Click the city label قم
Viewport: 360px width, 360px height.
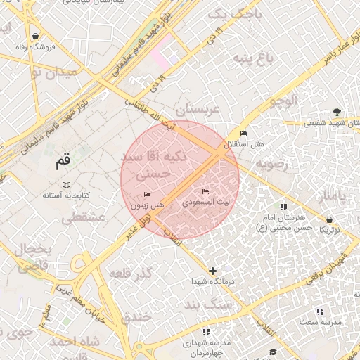tap(63, 162)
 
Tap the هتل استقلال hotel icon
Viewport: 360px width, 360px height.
tap(243, 134)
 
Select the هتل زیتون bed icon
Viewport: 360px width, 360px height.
tap(147, 194)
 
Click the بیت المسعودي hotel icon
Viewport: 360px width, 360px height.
tap(205, 191)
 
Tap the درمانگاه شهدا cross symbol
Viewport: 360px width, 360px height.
tap(212, 271)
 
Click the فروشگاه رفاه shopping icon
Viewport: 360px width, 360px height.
tap(35, 36)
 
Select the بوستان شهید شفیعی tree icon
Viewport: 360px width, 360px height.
tap(337, 111)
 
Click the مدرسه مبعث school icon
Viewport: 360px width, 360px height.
tap(320, 311)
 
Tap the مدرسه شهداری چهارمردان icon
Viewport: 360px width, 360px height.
tap(205, 332)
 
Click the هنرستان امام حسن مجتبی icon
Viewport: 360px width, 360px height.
tap(283, 207)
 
